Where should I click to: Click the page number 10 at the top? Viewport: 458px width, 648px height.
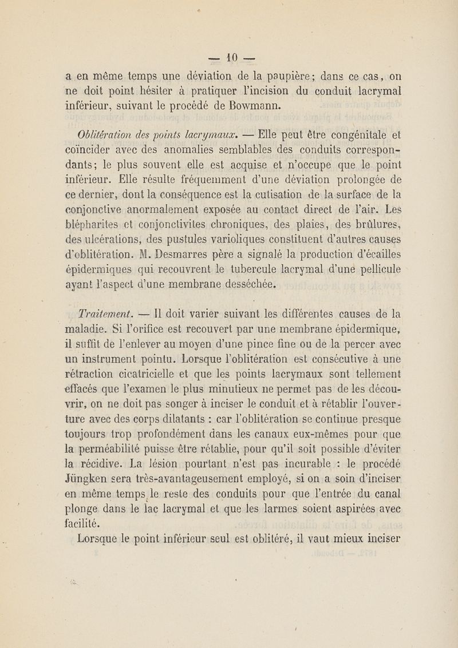pyautogui.click(x=230, y=57)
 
